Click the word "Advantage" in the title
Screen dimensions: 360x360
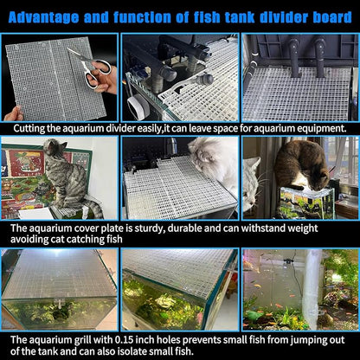pyautogui.click(x=43, y=17)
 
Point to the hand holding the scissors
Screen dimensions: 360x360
pyautogui.click(x=103, y=79)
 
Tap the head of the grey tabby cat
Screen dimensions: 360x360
pyautogui.click(x=55, y=146)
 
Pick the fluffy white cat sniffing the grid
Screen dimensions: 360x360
pyautogui.click(x=214, y=163)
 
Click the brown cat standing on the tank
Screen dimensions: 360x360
pyautogui.click(x=300, y=164)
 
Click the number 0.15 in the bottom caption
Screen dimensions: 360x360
pyautogui.click(x=125, y=340)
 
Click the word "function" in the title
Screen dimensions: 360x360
pyautogui.click(x=142, y=17)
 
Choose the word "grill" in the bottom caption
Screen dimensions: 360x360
pyautogui.click(x=83, y=340)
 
